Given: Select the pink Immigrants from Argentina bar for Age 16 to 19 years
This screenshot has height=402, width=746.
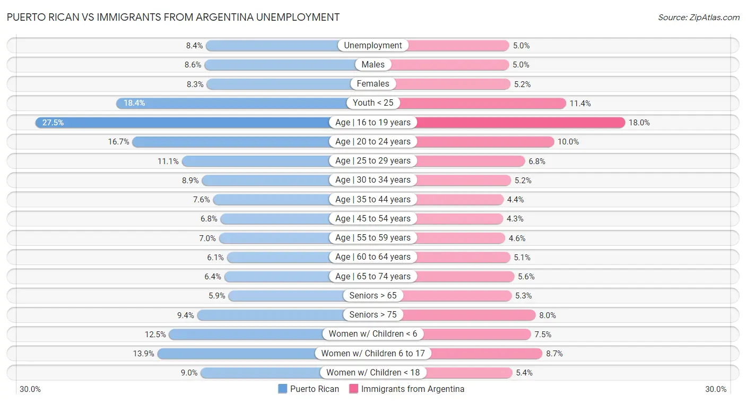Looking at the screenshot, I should pyautogui.click(x=520, y=123).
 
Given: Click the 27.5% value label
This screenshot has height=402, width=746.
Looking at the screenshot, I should pyautogui.click(x=53, y=123).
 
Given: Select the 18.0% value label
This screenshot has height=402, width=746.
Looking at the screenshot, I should pyautogui.click(x=639, y=123).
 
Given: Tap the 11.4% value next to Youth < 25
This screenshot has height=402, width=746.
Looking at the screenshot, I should pyautogui.click(x=580, y=103).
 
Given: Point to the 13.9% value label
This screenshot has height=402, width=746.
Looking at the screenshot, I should pyautogui.click(x=144, y=353).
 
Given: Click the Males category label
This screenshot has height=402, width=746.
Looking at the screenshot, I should pyautogui.click(x=373, y=65).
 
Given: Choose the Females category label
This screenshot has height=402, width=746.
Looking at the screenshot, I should pyautogui.click(x=373, y=84).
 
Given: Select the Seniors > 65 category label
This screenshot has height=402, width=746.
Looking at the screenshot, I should pyautogui.click(x=373, y=296).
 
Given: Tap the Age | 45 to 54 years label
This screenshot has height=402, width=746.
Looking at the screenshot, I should pyautogui.click(x=373, y=219).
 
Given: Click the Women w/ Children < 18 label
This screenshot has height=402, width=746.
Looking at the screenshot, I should pyautogui.click(x=373, y=373).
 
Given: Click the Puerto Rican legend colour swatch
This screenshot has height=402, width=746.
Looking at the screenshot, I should pyautogui.click(x=282, y=389).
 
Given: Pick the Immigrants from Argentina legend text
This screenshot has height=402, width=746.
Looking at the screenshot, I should pyautogui.click(x=413, y=389).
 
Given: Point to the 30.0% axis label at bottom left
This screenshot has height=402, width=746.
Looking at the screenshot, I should pyautogui.click(x=30, y=389).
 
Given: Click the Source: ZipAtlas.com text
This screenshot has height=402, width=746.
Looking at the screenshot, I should pyautogui.click(x=699, y=18).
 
